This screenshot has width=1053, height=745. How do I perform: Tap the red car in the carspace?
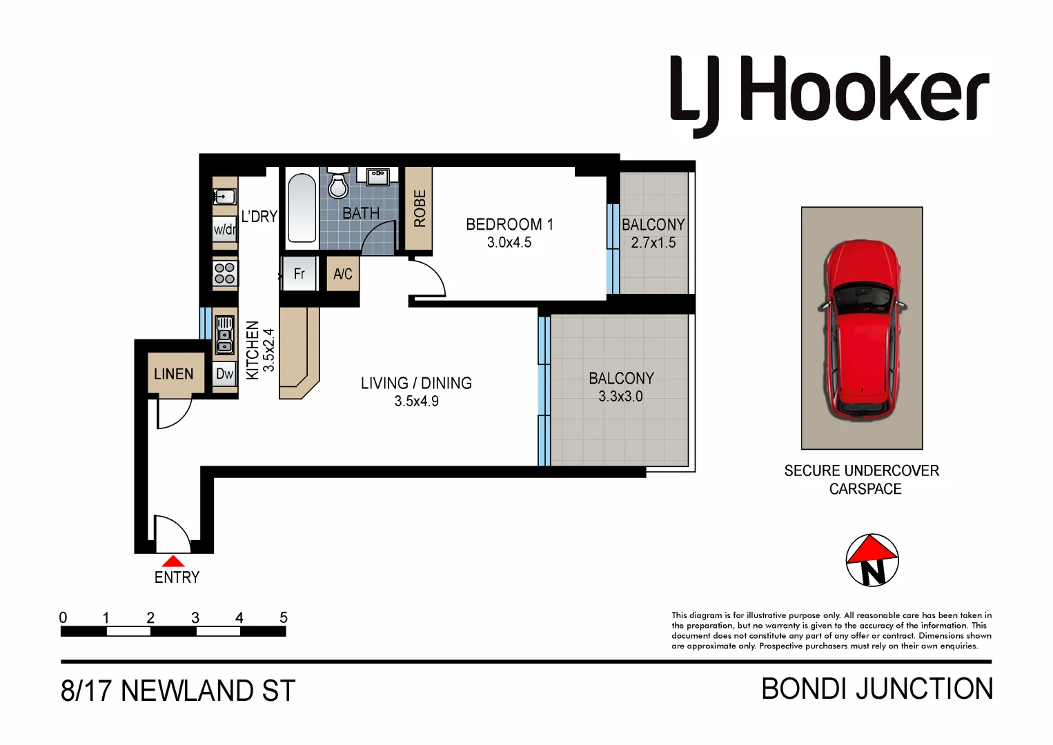coord(862,329)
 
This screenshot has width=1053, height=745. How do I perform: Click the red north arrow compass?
coord(872,559)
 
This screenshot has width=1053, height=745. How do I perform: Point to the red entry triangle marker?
coord(173,561)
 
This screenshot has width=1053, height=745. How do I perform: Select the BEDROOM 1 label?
coord(509,225)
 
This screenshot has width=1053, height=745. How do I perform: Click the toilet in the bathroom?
coord(338,184)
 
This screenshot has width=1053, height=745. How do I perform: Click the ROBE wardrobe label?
coord(419,208)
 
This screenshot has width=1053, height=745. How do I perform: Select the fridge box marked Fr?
coord(299,274)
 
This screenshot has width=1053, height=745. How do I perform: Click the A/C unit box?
coord(342,274)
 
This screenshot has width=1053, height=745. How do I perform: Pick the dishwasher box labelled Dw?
coord(225,375)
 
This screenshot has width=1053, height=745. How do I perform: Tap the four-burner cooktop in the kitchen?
coord(225,273)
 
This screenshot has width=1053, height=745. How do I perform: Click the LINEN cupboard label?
coord(174,374)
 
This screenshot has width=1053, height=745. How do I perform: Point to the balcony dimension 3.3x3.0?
coord(620,397)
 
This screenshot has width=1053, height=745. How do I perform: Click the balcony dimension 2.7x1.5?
coord(653,243)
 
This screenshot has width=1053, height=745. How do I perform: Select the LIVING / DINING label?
coord(416,384)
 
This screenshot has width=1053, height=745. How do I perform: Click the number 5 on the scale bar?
coord(283,617)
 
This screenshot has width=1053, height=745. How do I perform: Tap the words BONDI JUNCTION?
coord(876,689)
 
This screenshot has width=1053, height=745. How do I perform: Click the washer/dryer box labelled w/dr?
coord(224,230)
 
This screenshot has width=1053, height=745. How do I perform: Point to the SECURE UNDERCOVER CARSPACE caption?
coord(862,479)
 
